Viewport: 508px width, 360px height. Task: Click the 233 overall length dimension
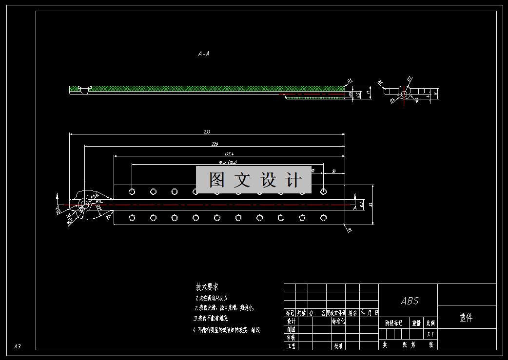click(207, 132)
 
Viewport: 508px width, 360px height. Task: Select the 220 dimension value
click(215, 144)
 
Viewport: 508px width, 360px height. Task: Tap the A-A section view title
click(204, 54)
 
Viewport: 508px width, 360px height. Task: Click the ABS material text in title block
click(410, 301)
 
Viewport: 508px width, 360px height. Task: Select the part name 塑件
click(466, 318)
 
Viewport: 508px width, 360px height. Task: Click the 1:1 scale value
click(430, 334)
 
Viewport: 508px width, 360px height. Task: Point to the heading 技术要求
click(207, 287)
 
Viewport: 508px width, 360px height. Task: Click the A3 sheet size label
click(17, 346)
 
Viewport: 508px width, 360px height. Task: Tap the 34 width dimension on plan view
click(371, 205)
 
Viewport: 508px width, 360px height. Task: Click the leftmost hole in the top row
click(132, 191)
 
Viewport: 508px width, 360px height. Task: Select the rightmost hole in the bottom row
click(323, 217)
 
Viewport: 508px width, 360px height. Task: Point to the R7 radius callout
click(349, 230)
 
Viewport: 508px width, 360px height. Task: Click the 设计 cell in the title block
click(291, 322)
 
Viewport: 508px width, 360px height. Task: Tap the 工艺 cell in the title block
click(291, 346)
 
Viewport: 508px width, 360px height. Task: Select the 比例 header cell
click(430, 322)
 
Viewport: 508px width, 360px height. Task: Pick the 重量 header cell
click(416, 322)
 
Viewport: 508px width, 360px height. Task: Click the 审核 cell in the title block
click(291, 338)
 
